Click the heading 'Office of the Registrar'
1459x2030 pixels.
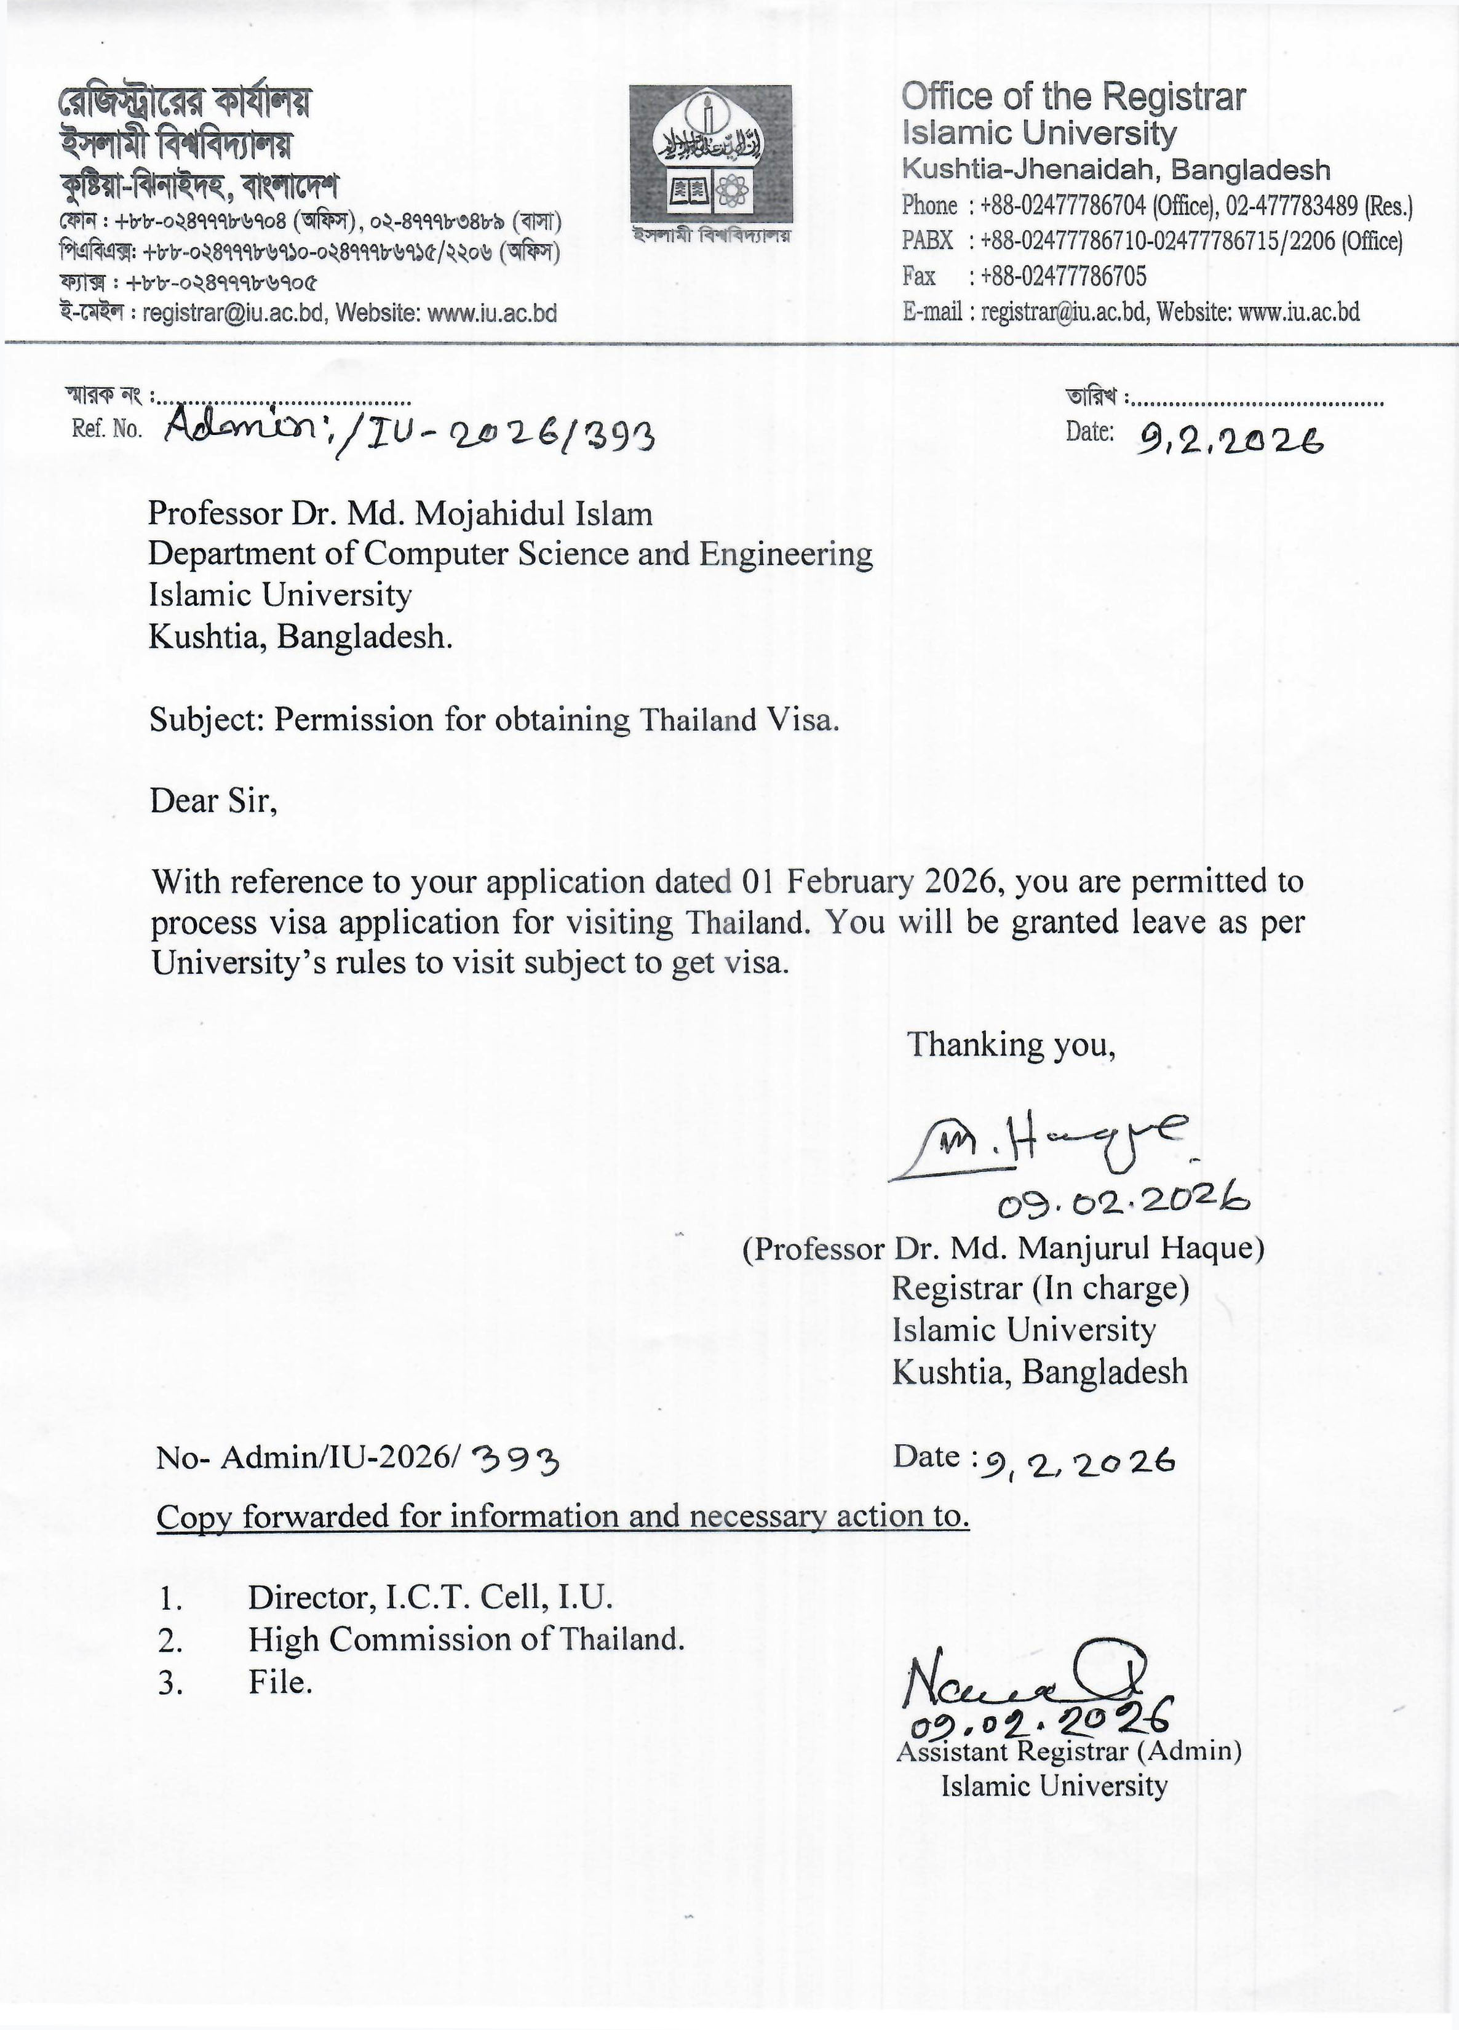click(1072, 97)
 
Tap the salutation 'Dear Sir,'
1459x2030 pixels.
click(213, 800)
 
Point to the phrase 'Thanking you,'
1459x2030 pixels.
click(1011, 1045)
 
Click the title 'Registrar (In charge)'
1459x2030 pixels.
click(1040, 1288)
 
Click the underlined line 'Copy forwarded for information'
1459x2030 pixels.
click(562, 1516)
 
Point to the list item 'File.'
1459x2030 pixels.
click(280, 1682)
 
